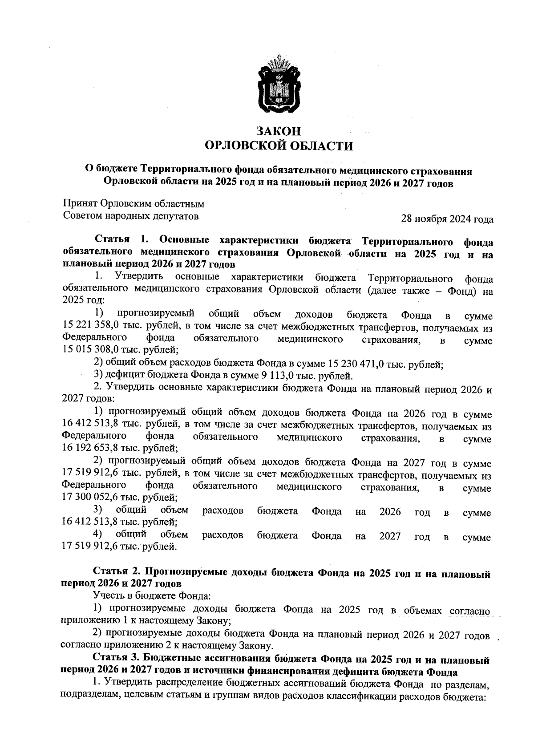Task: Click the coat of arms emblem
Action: [x=279, y=85]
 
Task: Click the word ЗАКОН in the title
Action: [x=279, y=131]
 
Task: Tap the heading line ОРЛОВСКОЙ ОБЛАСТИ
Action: [x=279, y=146]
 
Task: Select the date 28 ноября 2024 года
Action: [x=447, y=219]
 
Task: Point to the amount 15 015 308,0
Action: [x=91, y=352]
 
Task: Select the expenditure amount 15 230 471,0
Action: [x=362, y=365]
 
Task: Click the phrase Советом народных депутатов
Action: [x=131, y=216]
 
